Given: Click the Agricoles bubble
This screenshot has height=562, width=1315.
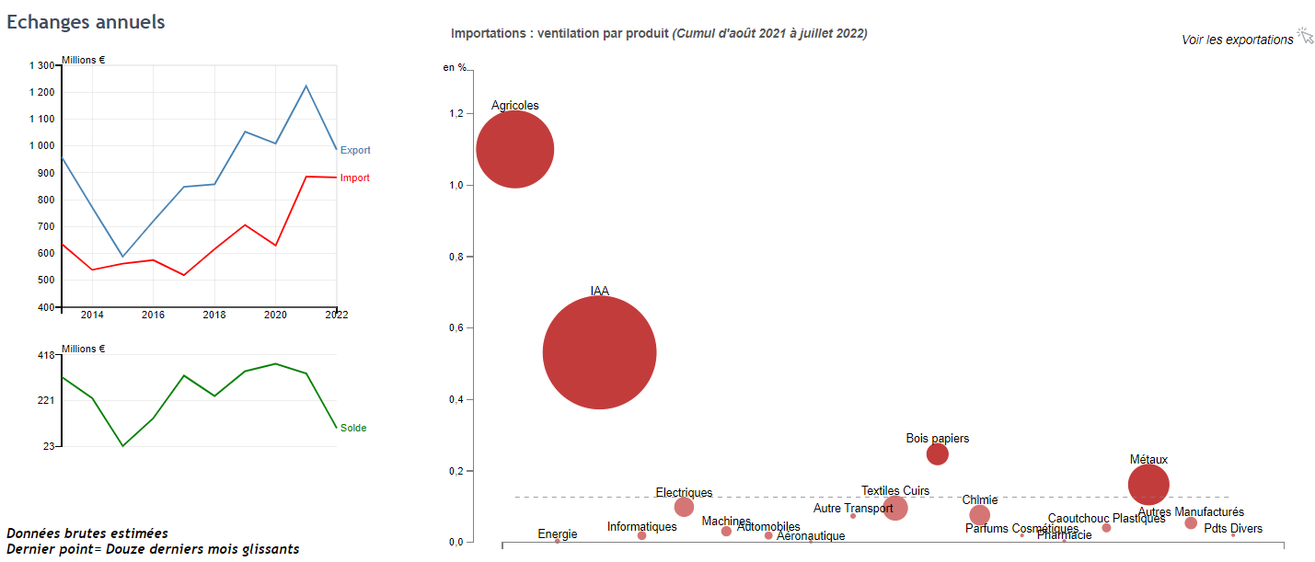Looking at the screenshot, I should (515, 149).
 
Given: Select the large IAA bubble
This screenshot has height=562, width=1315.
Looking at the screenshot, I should (599, 352).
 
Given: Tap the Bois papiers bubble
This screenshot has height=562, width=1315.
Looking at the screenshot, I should (937, 453).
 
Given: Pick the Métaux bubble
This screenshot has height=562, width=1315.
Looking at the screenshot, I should (1148, 485).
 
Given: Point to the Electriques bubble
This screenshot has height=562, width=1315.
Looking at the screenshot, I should (684, 507).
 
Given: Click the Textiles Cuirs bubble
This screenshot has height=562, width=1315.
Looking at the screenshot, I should (894, 507).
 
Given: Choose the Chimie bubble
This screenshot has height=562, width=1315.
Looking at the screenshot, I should (979, 515).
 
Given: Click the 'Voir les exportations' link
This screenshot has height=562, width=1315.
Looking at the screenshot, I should (1237, 40).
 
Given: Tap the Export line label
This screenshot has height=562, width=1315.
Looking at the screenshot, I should (355, 150).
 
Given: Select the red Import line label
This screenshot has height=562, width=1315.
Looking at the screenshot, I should (354, 178).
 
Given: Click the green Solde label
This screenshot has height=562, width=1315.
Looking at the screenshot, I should (353, 428).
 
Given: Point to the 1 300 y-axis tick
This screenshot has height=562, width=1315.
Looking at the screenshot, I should (42, 66).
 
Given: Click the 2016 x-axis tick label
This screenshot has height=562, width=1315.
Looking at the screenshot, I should (153, 315).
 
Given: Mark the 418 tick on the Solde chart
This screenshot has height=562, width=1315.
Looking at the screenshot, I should (46, 355).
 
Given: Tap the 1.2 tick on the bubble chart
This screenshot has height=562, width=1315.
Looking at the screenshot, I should (457, 114).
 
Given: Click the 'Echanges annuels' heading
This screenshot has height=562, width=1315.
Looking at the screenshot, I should (86, 22).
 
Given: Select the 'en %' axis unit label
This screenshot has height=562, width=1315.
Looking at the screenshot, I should (455, 67).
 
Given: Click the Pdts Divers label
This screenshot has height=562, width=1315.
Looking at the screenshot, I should (1232, 529).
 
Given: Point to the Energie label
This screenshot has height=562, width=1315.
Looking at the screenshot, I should (558, 534).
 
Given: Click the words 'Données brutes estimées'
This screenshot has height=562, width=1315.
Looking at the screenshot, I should (87, 533).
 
